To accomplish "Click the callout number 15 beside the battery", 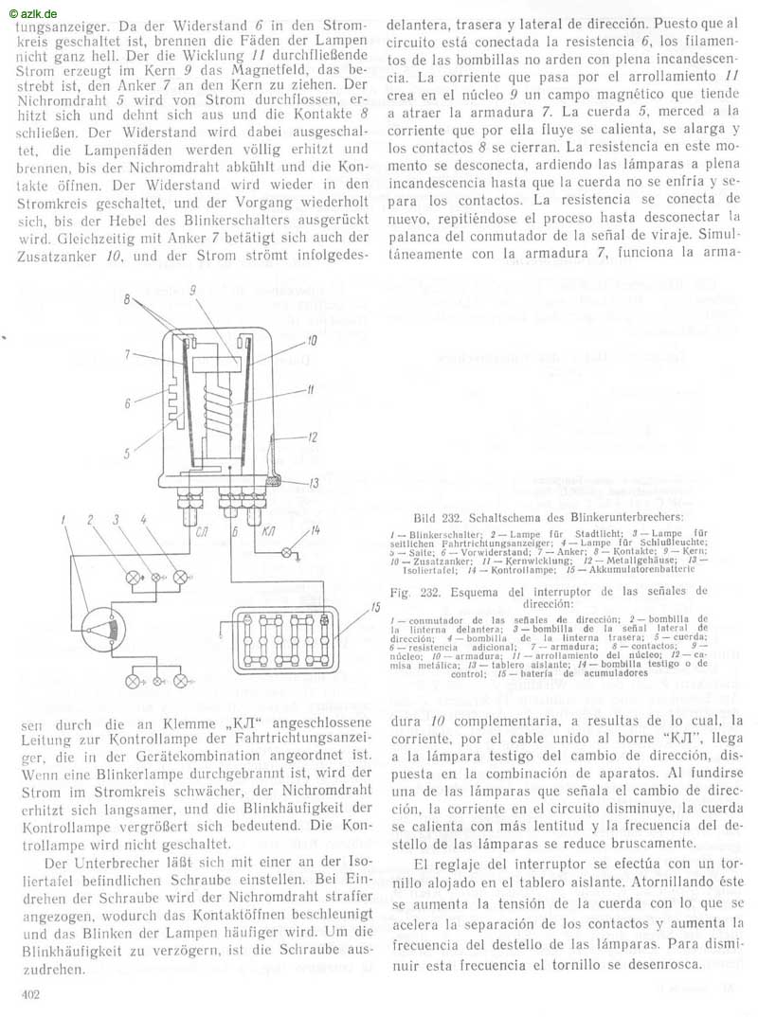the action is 375,608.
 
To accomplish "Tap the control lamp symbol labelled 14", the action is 286,552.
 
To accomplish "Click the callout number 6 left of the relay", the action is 128,403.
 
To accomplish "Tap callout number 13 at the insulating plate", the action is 314,483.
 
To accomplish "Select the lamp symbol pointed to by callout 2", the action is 135,577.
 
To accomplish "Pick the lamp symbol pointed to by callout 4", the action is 182,577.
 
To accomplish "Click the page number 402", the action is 30,994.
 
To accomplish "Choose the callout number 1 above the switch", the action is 63,520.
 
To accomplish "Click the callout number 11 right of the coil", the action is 311,390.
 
